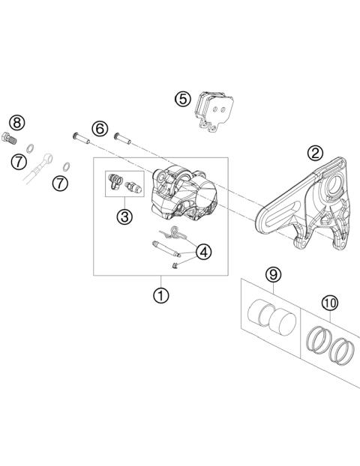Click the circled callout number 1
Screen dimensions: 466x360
click(160, 294)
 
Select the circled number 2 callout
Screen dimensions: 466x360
click(316, 154)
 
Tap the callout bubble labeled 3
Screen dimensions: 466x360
click(124, 217)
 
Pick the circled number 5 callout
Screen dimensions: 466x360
click(182, 98)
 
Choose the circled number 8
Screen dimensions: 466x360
click(17, 122)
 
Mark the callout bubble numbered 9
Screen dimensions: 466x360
click(272, 274)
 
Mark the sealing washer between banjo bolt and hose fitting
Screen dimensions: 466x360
click(32, 148)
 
